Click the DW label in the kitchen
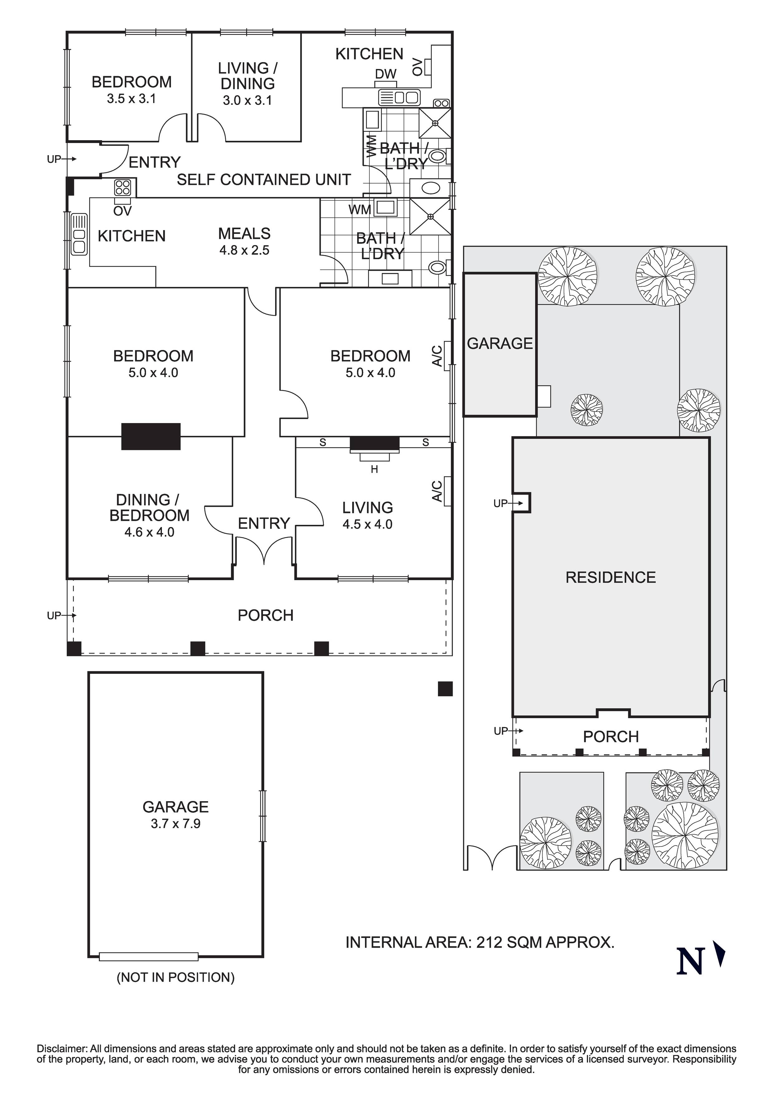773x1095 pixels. click(386, 74)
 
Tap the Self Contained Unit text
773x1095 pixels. click(264, 180)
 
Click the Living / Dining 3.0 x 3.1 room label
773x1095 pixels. click(247, 83)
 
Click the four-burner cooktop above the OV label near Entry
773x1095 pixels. click(123, 187)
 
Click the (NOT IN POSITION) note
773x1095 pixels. click(175, 977)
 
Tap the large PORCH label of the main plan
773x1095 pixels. click(265, 615)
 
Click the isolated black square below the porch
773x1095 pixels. click(445, 689)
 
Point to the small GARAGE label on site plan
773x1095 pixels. click(499, 343)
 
